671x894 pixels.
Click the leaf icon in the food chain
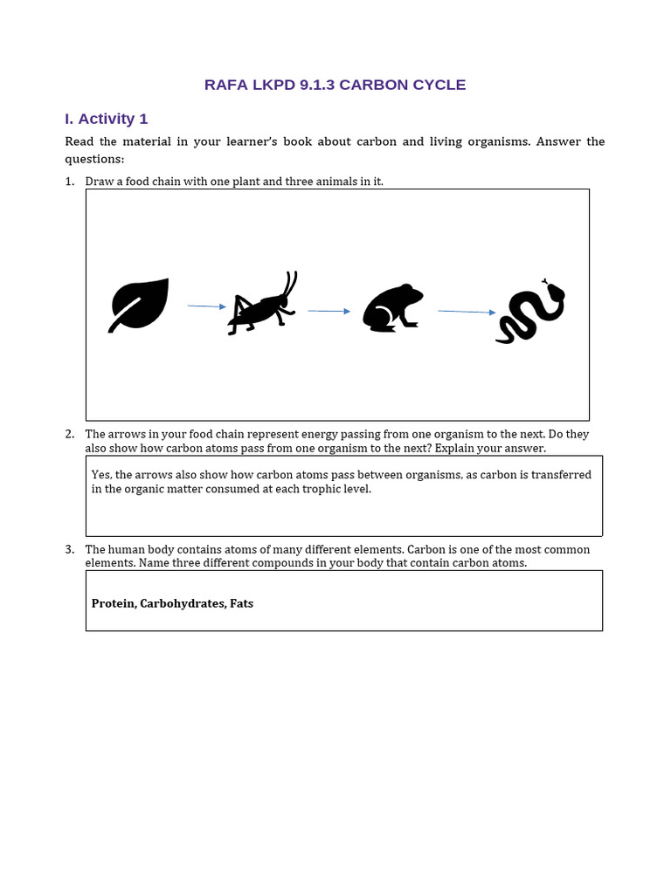tap(139, 305)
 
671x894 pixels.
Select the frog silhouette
tap(392, 308)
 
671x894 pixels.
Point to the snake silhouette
tap(530, 313)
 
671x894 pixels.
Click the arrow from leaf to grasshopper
tap(206, 306)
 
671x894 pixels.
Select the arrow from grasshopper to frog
tap(329, 311)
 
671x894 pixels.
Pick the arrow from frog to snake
tap(467, 312)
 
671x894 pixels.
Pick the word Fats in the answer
tap(241, 603)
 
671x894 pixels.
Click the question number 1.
tap(69, 182)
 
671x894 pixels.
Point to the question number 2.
tap(69, 434)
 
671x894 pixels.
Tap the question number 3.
tap(69, 549)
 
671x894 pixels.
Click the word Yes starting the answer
tap(100, 475)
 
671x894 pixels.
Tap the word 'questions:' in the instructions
tap(94, 159)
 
